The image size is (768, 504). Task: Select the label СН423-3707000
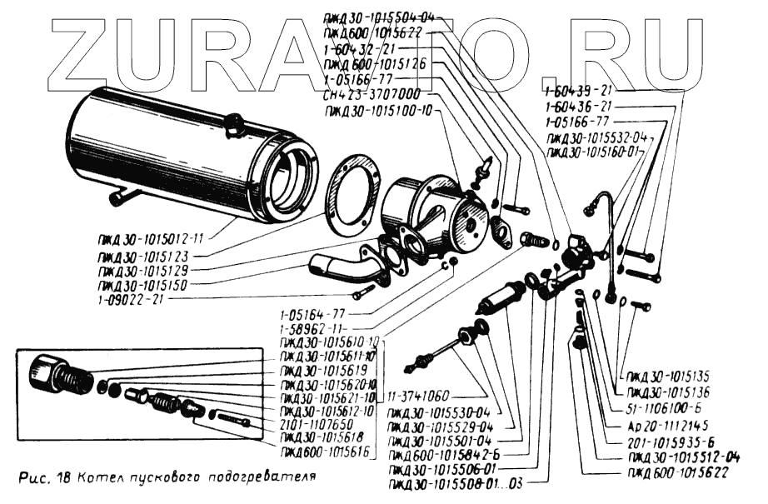(x=370, y=94)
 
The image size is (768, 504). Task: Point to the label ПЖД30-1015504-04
(x=379, y=15)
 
